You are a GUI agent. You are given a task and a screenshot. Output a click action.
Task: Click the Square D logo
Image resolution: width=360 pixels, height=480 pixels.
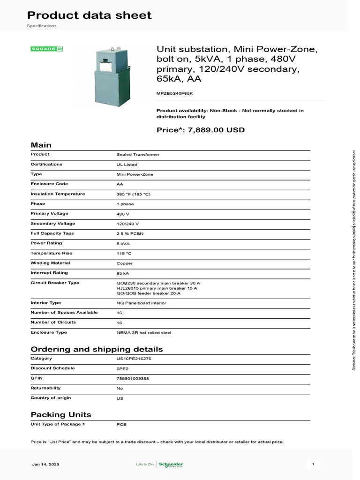click(47, 49)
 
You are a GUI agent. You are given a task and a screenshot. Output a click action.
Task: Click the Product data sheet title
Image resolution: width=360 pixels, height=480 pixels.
click(89, 15)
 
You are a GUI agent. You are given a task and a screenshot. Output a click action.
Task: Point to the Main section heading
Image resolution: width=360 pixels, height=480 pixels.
click(41, 145)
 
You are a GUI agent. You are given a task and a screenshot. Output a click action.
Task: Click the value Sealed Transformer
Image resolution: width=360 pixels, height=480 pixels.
click(138, 154)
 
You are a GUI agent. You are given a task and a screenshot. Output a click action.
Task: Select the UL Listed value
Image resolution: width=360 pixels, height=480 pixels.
click(127, 165)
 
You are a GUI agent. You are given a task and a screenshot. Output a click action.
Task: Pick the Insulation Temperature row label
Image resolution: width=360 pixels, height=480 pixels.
click(58, 194)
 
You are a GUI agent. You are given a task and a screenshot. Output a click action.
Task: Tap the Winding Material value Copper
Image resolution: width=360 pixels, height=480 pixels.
click(125, 263)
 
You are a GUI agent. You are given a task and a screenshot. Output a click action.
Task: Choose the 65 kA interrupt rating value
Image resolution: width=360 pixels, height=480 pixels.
click(123, 273)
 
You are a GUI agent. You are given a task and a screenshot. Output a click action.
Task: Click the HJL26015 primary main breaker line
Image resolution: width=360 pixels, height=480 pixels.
click(157, 288)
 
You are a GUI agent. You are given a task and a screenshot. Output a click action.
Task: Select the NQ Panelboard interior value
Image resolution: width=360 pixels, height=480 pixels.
click(141, 303)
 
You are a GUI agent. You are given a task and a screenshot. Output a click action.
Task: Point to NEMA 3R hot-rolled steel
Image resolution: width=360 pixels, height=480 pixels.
click(144, 333)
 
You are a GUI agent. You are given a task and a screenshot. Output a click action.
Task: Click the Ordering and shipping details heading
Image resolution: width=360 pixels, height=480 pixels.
click(97, 349)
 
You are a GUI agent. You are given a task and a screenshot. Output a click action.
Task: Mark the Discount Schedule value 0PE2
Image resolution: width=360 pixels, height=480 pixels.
click(122, 368)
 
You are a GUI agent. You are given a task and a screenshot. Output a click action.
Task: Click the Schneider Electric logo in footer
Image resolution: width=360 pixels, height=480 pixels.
click(171, 465)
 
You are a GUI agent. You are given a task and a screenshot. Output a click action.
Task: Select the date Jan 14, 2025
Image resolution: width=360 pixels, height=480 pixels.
click(45, 465)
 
